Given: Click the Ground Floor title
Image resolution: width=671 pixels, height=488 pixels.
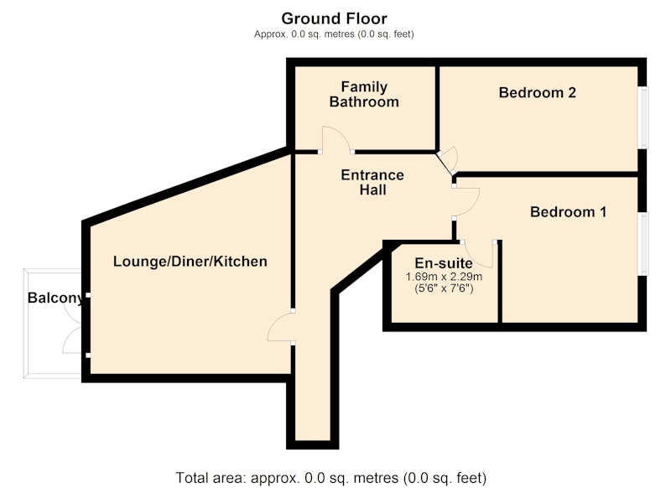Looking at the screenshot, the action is pos(334,18).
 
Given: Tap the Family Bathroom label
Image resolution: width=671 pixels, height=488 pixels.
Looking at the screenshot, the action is pos(364,94).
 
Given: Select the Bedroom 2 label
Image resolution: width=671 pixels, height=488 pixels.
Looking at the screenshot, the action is pos(537,92).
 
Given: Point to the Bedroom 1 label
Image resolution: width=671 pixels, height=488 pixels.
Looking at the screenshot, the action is pos(568,211).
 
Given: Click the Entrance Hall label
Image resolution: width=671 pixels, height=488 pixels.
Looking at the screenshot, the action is pos(372,182).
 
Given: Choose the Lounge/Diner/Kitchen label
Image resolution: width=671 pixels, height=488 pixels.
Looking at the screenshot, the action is pos(190,261).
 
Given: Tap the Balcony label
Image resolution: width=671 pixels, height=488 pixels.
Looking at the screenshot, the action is pos(55,299).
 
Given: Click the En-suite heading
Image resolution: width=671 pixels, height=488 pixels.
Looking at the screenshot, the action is pos(444,263).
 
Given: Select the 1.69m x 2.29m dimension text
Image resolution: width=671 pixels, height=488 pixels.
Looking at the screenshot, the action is pos(444,277).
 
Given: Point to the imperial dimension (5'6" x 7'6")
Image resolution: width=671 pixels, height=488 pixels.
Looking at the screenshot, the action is pos(444,288).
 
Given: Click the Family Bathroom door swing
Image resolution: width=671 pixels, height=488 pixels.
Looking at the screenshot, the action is pos(336,139).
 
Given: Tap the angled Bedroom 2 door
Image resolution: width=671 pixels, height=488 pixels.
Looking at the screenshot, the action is pos(448,161).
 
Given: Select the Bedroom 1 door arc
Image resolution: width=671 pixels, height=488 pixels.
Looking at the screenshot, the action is pos(467,202).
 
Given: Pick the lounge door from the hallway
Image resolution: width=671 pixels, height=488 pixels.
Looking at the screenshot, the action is pos(280,327).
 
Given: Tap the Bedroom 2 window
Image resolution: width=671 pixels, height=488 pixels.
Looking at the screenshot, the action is pos(643,117).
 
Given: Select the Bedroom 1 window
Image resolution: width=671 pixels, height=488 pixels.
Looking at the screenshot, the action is pos(643,244).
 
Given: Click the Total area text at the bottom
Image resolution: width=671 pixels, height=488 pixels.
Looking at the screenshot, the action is pos(331,477).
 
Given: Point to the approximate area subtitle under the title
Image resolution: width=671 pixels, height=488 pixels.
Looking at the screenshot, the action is pos(334,34).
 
